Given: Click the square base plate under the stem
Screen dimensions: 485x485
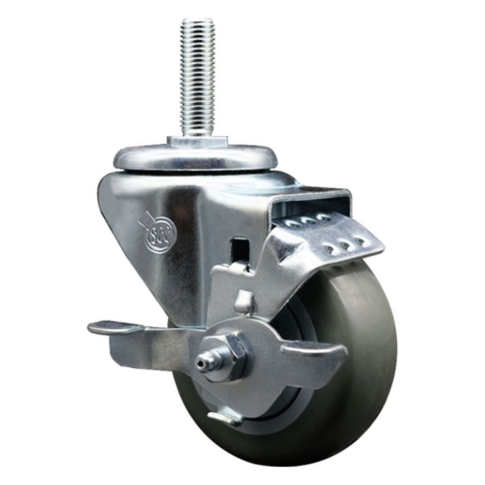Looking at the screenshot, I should click(x=197, y=141).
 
